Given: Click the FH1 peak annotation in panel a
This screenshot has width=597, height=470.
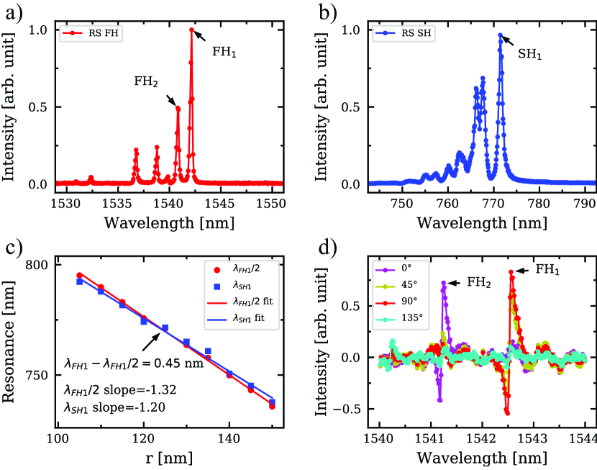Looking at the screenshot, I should click(224, 52).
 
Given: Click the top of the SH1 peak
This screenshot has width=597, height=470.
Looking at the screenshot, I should click(500, 35).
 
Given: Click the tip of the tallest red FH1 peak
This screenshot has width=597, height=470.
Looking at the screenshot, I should click(192, 30).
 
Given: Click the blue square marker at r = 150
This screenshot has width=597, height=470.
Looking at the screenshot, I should click(273, 402).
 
